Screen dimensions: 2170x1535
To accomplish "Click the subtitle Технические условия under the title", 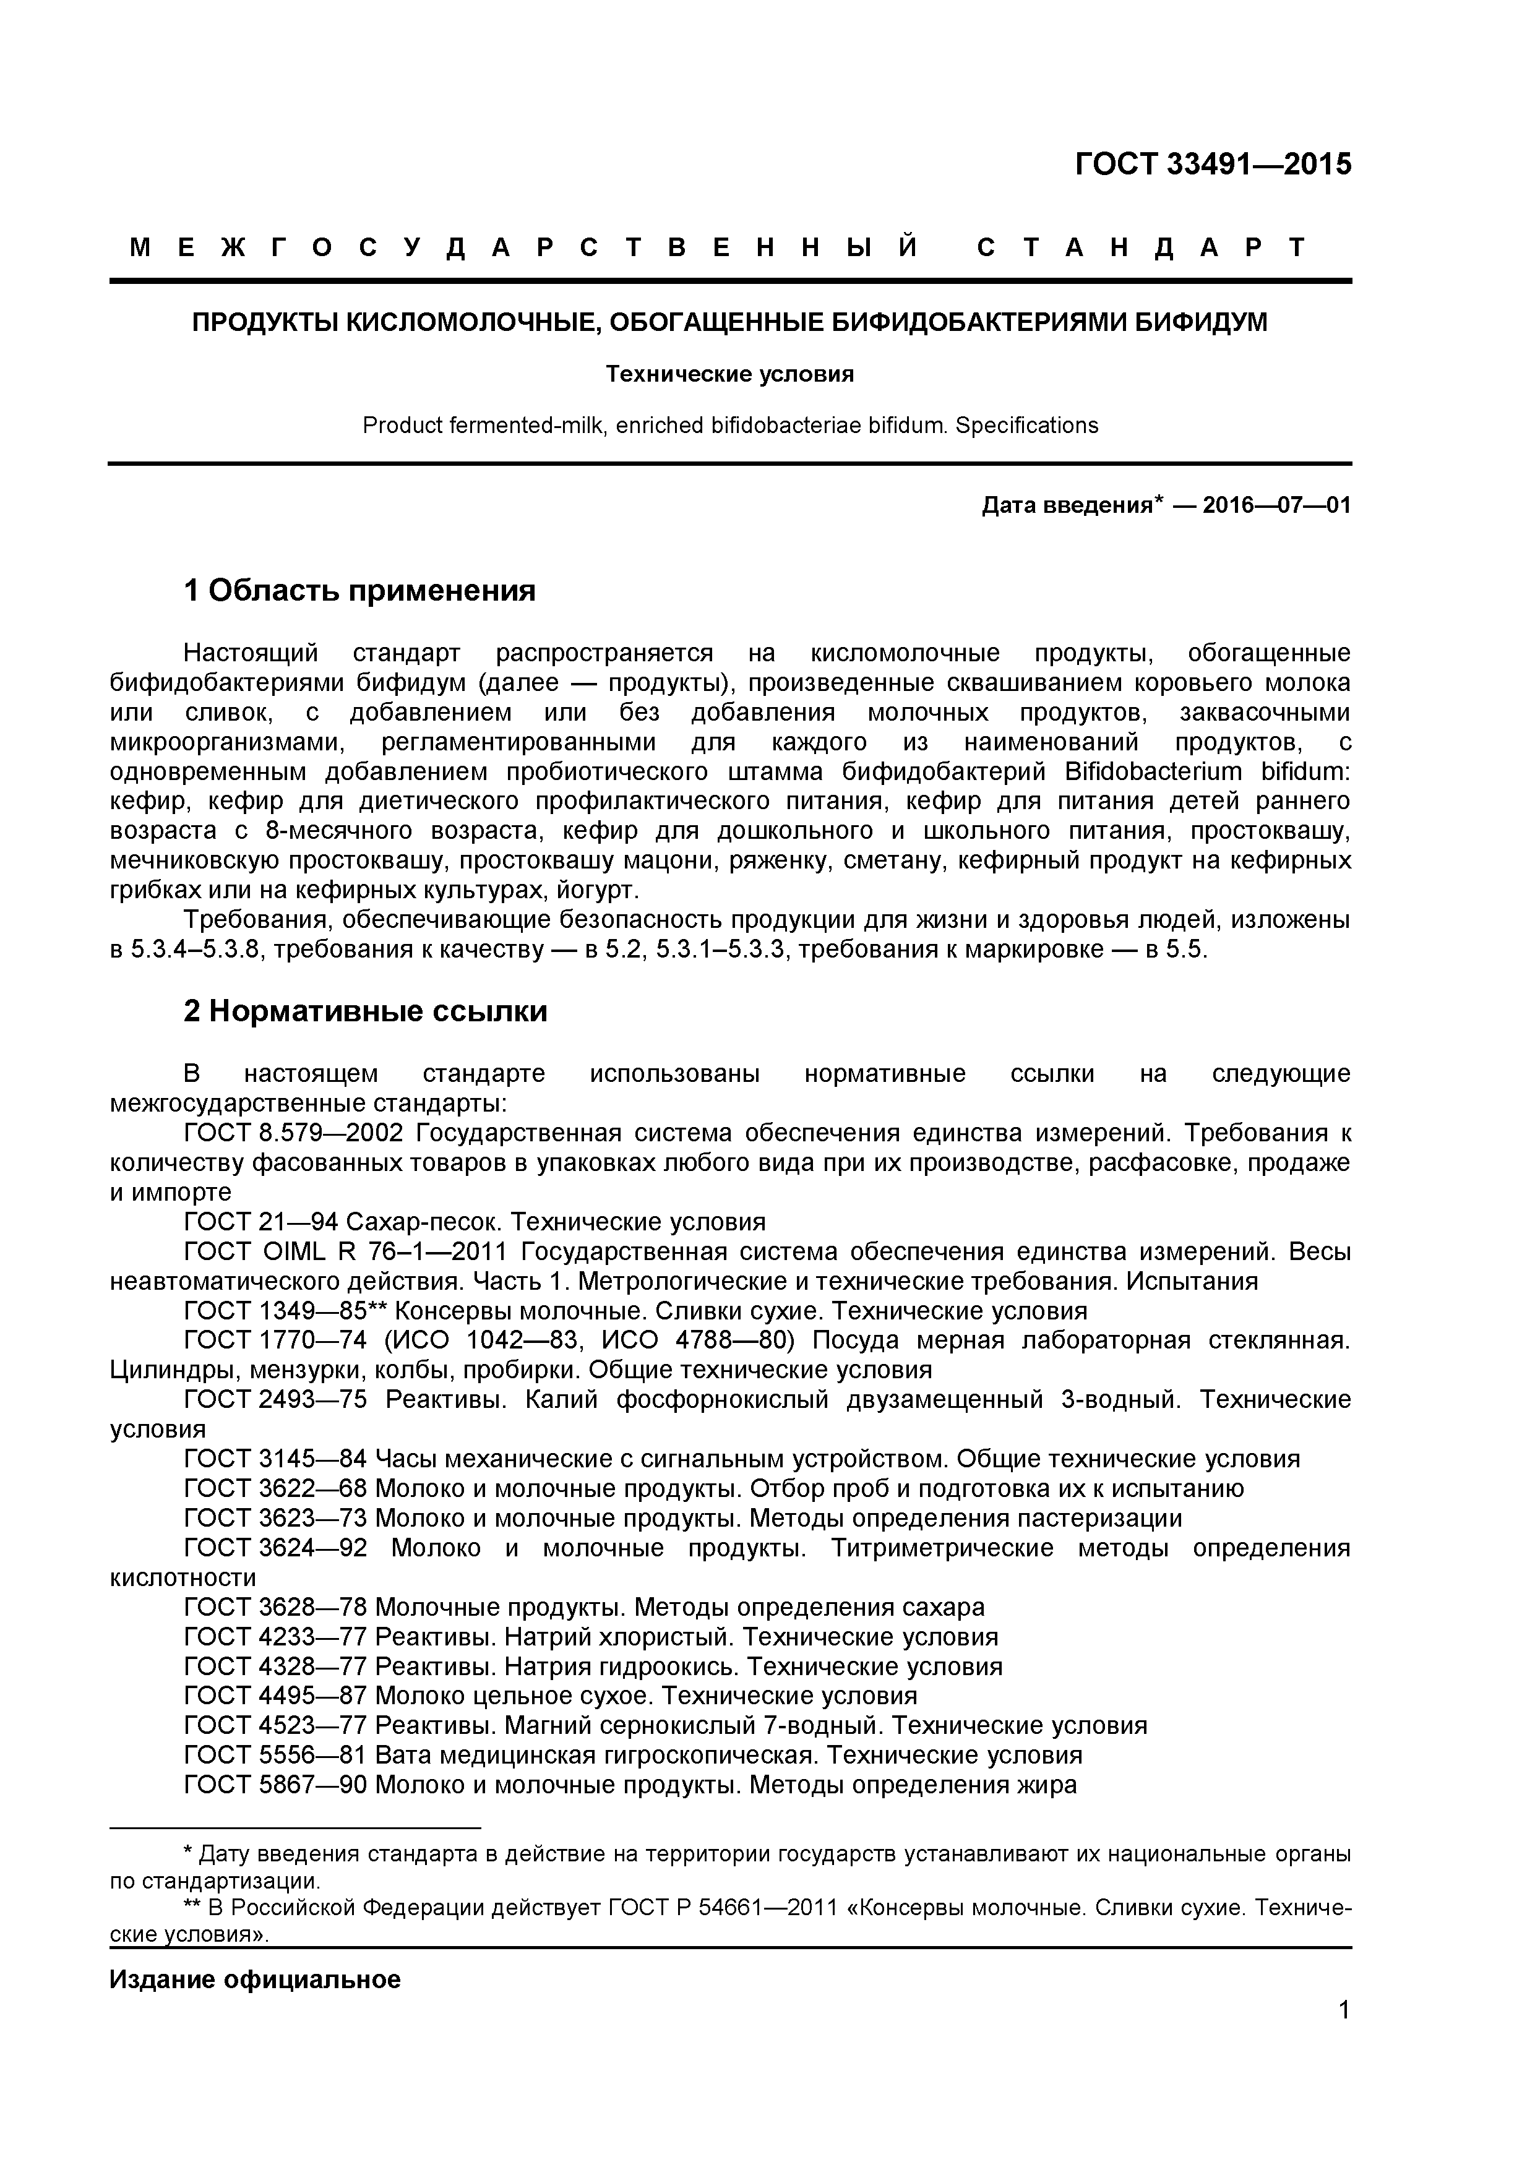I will click(729, 374).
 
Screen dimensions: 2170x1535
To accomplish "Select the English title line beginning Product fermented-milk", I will click(729, 426).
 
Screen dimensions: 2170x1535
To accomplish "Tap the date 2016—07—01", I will click(1276, 505).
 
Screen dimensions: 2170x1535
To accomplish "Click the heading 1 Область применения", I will click(359, 591).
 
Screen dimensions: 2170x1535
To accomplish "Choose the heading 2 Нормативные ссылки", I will click(365, 1011).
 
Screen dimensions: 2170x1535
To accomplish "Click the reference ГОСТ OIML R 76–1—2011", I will click(346, 1252).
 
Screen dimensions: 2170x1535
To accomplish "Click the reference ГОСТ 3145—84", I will click(275, 1459).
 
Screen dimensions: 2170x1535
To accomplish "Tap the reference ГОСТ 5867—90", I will click(275, 1785).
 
